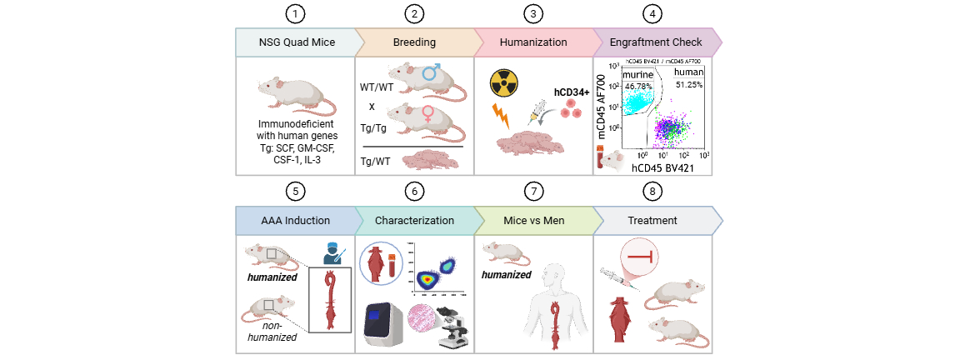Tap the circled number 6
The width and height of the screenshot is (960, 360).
coord(414,191)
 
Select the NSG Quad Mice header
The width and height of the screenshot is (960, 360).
coord(296,42)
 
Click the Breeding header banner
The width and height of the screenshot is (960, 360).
coord(414,42)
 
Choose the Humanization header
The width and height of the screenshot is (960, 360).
coord(533,42)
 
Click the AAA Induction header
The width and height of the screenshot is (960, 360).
coord(296,221)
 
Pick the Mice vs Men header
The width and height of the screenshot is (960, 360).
coord(533,221)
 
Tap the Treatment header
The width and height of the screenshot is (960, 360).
coord(653,221)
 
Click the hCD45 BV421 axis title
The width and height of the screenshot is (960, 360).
coord(664,168)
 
